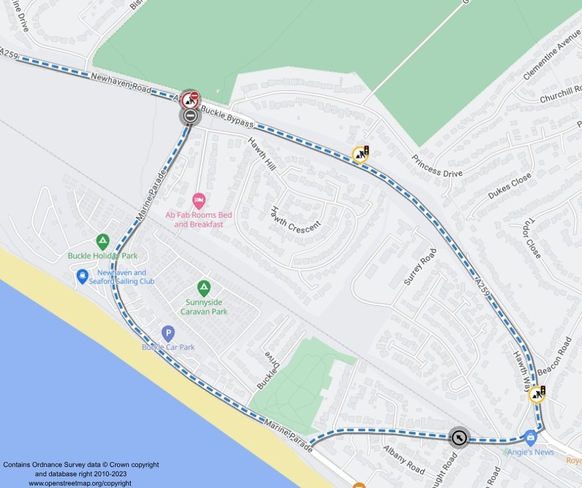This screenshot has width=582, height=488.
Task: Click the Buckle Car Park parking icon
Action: click(x=168, y=334)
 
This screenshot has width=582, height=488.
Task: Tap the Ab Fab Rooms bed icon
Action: click(x=199, y=200)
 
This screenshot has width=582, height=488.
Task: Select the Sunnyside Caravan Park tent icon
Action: click(x=203, y=288)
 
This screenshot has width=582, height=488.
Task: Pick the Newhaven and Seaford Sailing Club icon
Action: click(x=82, y=277)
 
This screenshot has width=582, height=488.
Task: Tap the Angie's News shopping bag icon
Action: click(x=530, y=437)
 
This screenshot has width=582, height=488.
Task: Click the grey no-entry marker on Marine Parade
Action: click(x=190, y=116)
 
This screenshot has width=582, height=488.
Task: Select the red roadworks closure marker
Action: click(x=191, y=98)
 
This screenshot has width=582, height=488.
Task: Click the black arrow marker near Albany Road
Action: click(x=459, y=438)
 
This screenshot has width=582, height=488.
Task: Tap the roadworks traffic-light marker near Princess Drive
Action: click(x=360, y=154)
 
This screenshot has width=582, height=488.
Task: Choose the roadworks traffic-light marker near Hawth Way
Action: click(x=537, y=394)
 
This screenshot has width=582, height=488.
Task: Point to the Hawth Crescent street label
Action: click(x=295, y=217)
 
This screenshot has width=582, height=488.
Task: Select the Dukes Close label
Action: click(x=509, y=186)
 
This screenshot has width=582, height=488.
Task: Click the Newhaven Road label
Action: click(x=120, y=83)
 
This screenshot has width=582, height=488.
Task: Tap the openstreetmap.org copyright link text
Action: click(x=80, y=483)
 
